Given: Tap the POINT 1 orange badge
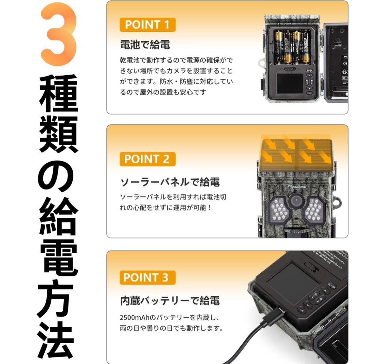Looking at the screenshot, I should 148,25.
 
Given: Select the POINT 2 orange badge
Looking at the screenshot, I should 148,159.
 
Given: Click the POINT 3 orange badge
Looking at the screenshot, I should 148,277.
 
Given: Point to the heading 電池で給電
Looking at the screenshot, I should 145,44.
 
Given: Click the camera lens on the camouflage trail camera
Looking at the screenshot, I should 296,201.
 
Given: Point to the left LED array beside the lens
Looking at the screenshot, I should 279,209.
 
